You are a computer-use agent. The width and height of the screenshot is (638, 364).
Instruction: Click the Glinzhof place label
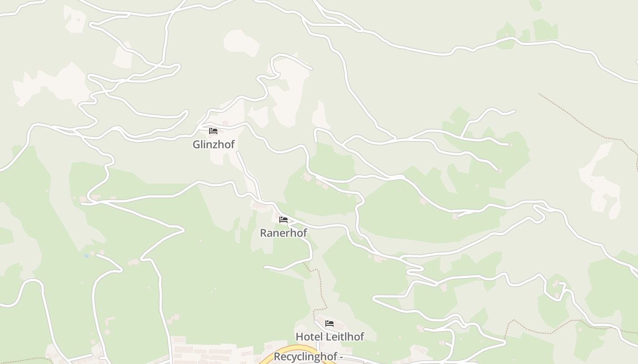(213, 145)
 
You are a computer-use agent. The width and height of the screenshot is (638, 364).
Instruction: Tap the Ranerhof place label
(283, 233)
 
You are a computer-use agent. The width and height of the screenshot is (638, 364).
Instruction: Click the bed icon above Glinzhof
(213, 131)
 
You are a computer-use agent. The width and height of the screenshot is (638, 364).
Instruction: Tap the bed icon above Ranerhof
(283, 220)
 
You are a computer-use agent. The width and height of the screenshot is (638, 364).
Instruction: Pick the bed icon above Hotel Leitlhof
(329, 324)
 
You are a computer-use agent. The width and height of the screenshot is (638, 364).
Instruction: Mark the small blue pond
(86, 256)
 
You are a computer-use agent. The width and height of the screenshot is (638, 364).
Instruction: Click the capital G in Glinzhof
(196, 145)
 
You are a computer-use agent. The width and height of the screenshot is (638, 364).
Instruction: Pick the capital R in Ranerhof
(263, 233)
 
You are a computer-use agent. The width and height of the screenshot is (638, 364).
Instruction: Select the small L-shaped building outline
(109, 321)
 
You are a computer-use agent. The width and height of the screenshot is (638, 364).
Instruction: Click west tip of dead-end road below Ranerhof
(265, 267)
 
